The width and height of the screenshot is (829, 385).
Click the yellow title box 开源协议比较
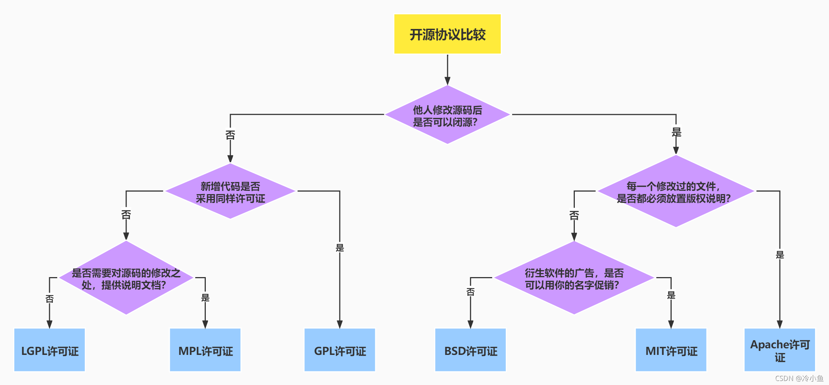click(447, 34)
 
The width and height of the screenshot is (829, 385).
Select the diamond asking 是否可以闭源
click(447, 115)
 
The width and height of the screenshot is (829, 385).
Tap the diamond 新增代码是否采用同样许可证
click(230, 191)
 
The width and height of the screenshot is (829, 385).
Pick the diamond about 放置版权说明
click(675, 191)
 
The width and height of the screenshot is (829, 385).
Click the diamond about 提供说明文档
click(126, 278)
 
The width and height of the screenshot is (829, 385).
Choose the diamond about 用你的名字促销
click(574, 278)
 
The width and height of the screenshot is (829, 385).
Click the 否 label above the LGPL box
click(50, 299)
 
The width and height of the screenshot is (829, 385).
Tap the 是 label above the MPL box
click(205, 298)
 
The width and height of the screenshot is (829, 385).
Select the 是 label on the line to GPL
click(340, 248)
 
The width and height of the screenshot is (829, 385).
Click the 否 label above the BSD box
click(470, 292)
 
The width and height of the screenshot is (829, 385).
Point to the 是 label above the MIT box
click(671, 295)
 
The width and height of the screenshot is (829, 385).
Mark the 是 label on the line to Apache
click(779, 255)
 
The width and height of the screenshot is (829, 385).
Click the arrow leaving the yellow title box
click(447, 70)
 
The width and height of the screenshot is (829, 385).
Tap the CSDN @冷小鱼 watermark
click(799, 378)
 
